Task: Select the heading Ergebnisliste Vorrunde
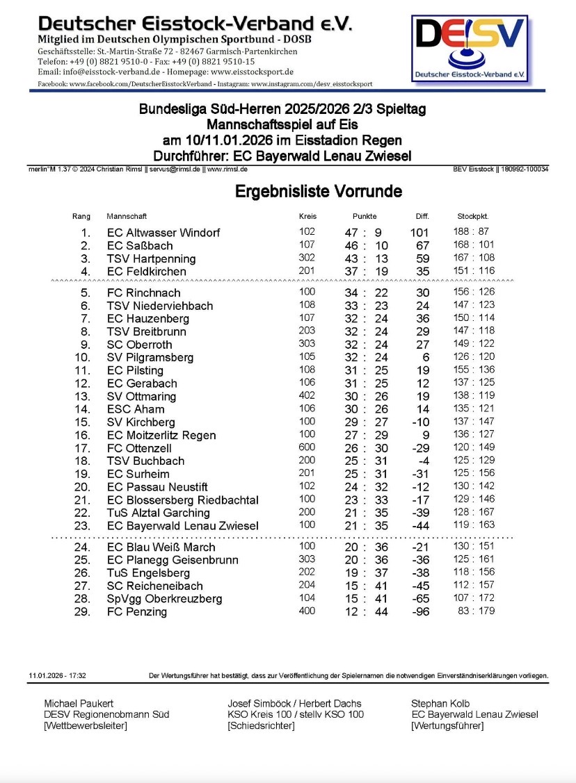(318, 191)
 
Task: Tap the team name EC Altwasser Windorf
(163, 233)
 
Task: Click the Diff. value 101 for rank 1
(419, 233)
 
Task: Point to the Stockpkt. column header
(472, 216)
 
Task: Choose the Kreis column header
(307, 216)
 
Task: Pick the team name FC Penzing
(137, 612)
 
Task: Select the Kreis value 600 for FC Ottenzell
(307, 448)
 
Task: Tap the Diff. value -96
(421, 612)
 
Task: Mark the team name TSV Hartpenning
(152, 258)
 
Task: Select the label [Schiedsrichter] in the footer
(261, 726)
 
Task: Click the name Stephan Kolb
(441, 703)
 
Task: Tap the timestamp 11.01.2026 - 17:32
(58, 675)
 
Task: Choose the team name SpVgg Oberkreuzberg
(165, 599)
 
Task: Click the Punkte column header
(365, 216)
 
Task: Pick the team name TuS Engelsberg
(148, 573)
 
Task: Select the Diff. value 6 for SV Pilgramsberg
(425, 358)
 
